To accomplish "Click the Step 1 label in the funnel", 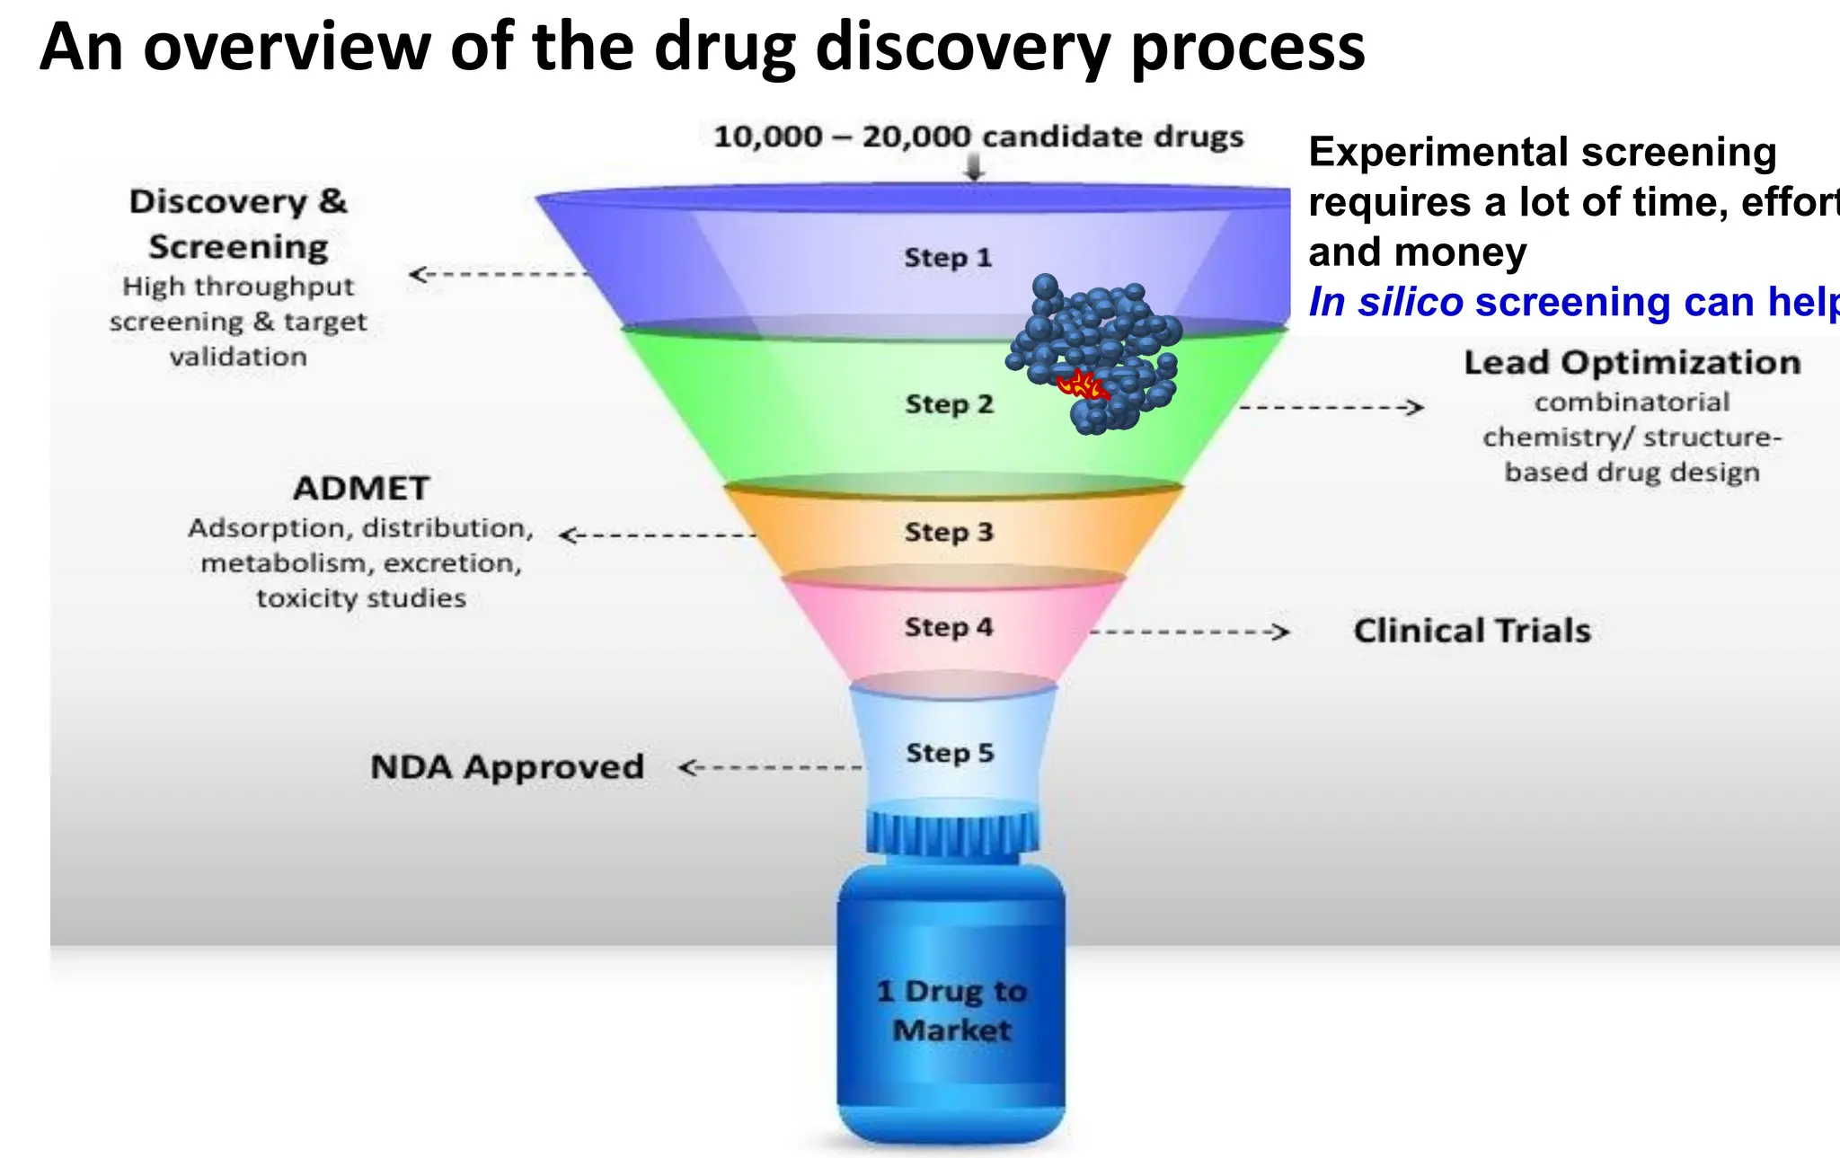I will tap(948, 258).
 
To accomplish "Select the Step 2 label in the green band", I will tap(949, 404).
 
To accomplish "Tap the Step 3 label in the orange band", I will tap(949, 532).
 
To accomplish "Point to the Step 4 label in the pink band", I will tap(949, 627).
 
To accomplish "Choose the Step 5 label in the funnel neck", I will tap(950, 753).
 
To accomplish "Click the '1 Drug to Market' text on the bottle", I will tap(952, 1011).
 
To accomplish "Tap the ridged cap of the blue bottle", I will tap(952, 833).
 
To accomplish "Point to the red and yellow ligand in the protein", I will tap(1082, 385).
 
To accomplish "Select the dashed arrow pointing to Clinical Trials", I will tap(1190, 632).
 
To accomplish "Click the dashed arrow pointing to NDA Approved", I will tap(771, 768).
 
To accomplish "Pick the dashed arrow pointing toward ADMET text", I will tap(659, 535).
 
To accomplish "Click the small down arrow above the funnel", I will tap(975, 169).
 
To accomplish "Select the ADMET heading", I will tap(361, 489).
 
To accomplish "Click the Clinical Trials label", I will tap(1472, 631).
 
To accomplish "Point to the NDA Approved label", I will tap(508, 767).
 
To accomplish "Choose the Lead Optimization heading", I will tap(1632, 363).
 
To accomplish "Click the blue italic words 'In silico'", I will tap(1386, 302).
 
